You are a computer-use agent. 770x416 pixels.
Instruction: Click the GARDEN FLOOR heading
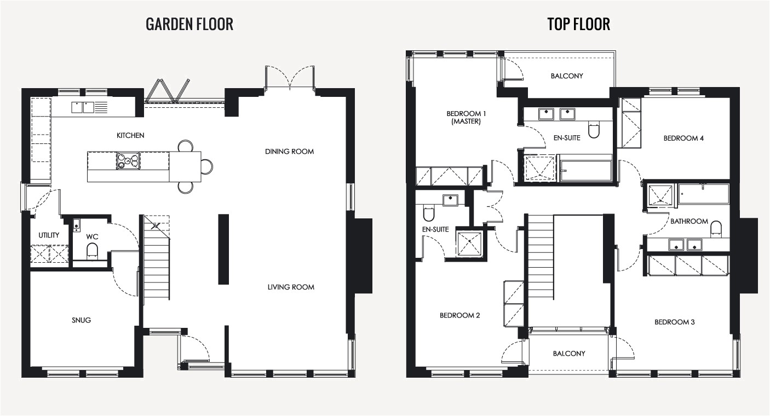point(189,24)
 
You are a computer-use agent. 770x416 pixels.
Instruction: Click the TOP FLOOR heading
point(578,24)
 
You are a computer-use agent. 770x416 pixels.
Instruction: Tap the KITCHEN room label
point(130,135)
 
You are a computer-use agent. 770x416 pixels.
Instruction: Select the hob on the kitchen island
point(128,161)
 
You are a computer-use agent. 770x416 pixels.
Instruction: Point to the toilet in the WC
point(92,251)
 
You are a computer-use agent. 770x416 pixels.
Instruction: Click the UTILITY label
point(49,235)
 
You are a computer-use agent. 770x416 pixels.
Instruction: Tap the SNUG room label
point(82,320)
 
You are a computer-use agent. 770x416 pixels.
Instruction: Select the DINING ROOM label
point(290,152)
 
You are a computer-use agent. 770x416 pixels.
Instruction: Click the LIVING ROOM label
point(291,287)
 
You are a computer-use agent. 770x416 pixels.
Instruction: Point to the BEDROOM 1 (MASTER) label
point(466,118)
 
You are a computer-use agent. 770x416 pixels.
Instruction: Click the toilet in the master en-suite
point(594,130)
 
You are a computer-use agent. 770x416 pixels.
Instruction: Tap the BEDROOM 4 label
point(683,138)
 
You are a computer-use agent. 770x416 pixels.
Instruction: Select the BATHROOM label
point(689,222)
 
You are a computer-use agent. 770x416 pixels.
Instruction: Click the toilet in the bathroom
point(715,229)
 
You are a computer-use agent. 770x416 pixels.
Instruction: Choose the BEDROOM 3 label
point(675,322)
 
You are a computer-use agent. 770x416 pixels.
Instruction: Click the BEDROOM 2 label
point(459,315)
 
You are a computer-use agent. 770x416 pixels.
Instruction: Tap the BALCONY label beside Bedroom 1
point(567,76)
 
